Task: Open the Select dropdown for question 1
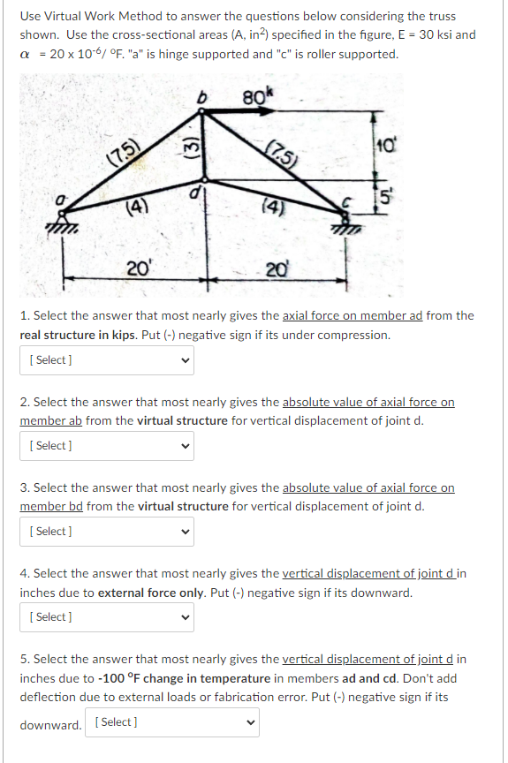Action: point(107,359)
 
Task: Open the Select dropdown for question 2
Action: point(107,445)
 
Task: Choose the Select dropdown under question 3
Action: point(107,531)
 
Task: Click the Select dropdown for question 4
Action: point(107,616)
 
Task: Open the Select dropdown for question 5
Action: point(173,722)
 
